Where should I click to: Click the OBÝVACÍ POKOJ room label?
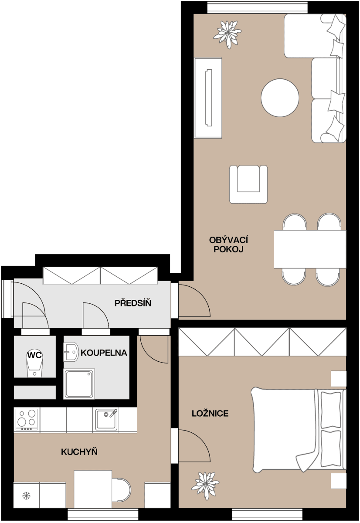click(x=226, y=245)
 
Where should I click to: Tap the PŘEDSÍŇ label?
click(x=133, y=303)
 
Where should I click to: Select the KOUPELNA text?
click(x=104, y=353)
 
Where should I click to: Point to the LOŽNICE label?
click(x=210, y=414)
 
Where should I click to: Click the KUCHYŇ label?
click(x=79, y=452)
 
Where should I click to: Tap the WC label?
click(x=34, y=355)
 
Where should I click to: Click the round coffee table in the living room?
click(x=280, y=97)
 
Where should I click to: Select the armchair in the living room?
click(x=248, y=184)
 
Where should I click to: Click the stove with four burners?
click(x=26, y=420)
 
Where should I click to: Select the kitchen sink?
click(x=105, y=419)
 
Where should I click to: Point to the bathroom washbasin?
click(x=71, y=351)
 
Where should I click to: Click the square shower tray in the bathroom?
click(x=79, y=384)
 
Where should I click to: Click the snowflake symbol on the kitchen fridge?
click(x=26, y=496)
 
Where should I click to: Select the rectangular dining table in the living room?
click(x=309, y=249)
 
